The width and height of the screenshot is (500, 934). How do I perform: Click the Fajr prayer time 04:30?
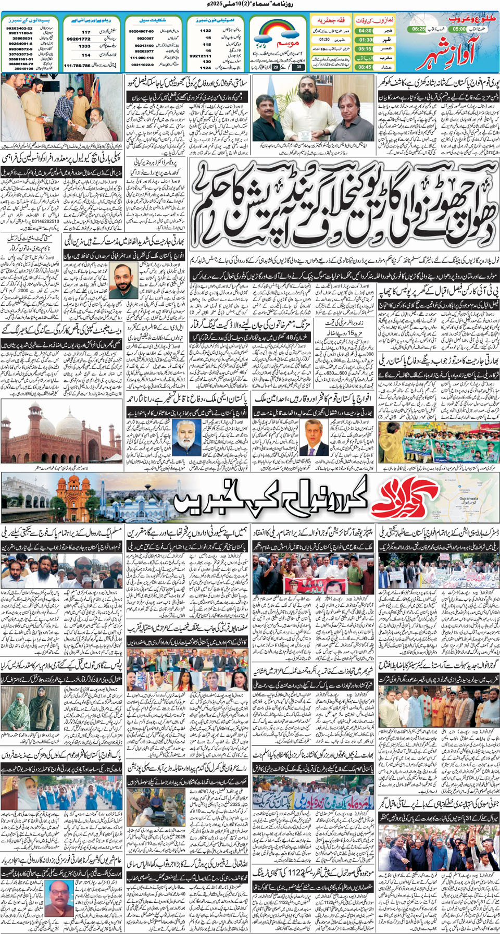point(365,31)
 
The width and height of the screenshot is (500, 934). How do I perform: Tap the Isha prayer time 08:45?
point(365,67)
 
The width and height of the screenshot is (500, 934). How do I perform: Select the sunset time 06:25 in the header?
point(418,29)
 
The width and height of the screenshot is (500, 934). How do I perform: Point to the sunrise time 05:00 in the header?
point(459,29)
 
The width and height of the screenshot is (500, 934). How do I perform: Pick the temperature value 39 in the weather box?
point(298,67)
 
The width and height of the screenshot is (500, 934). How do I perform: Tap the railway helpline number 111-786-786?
point(77,66)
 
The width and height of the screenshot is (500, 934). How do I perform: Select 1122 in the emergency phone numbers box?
point(206,31)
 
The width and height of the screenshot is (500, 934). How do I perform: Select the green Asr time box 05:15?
point(365,49)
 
